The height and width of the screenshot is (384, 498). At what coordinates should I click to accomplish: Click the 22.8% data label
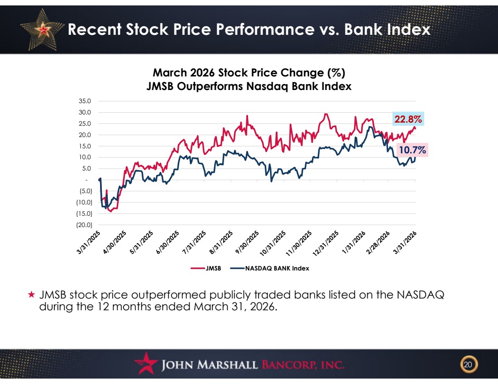(x=408, y=119)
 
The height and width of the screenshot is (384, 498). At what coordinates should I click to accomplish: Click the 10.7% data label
(x=412, y=149)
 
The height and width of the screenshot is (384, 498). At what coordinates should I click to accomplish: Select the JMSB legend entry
(x=206, y=268)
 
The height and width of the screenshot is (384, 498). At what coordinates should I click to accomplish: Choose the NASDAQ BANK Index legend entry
(x=270, y=268)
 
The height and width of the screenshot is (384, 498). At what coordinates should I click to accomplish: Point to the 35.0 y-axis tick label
(x=85, y=101)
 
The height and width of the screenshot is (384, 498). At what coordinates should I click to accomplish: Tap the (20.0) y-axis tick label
(x=84, y=225)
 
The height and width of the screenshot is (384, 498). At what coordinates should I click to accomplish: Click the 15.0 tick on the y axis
(x=85, y=146)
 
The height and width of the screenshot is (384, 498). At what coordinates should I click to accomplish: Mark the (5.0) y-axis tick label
(x=86, y=191)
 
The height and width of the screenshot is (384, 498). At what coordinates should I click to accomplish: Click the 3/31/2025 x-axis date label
(x=89, y=243)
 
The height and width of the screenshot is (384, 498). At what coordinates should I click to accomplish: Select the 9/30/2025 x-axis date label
(x=247, y=243)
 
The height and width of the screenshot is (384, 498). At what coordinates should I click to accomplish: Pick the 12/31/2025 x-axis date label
(x=326, y=243)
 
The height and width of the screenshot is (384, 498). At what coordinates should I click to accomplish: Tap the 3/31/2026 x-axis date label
(x=405, y=243)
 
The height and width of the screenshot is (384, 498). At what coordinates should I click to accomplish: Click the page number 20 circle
(x=468, y=364)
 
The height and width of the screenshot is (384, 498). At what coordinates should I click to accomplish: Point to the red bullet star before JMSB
(x=31, y=294)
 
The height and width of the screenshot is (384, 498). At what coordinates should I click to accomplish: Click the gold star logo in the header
(x=42, y=30)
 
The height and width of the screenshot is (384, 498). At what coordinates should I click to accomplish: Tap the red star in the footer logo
(x=146, y=363)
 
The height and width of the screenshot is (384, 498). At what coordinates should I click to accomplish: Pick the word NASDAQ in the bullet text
(x=420, y=295)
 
